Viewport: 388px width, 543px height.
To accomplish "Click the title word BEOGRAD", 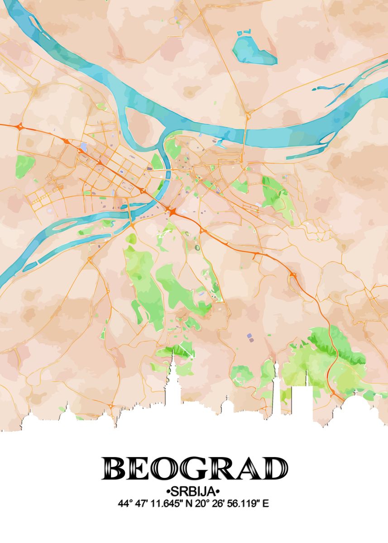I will tap(194, 468).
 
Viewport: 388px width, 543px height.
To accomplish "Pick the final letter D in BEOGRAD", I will tap(273, 468).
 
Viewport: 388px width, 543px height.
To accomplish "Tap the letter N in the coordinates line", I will tap(183, 503).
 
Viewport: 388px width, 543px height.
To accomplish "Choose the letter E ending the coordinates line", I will tap(266, 503).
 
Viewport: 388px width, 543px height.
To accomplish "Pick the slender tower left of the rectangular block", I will tap(276, 385).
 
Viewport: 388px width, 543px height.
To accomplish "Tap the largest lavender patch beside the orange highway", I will tap(83, 147).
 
